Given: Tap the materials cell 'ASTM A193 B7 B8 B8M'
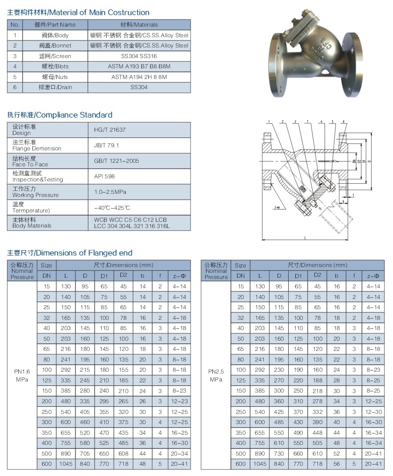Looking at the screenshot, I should [139, 67].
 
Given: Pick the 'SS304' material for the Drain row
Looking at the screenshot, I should [139, 87].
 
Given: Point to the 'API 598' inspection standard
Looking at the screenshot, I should [104, 176].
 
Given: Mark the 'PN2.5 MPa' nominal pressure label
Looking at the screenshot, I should [216, 375].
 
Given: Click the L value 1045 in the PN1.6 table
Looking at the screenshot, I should [66, 464].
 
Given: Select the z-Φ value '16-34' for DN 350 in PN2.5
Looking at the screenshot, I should [373, 433].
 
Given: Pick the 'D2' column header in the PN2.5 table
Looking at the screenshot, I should [317, 275].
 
